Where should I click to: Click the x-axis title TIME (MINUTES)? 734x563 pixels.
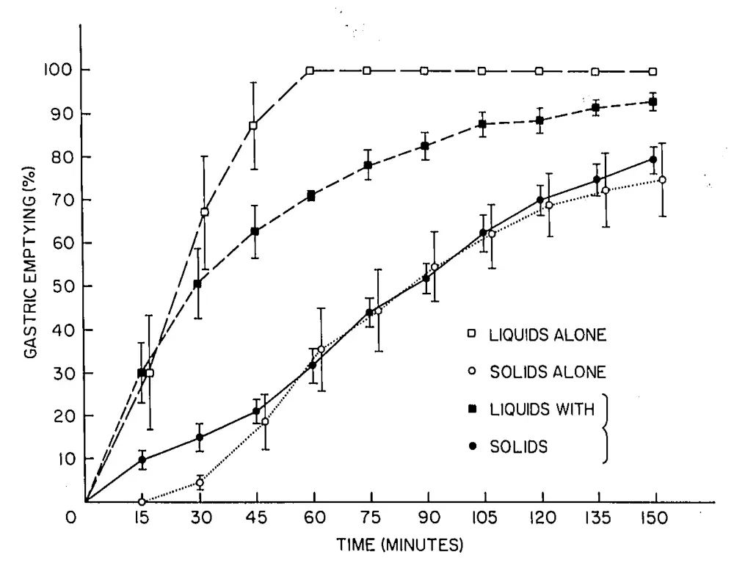tap(400, 545)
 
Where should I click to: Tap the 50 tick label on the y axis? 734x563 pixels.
tap(60, 287)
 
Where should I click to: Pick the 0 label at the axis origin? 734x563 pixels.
tap(71, 517)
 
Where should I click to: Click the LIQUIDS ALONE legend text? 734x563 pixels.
tap(548, 335)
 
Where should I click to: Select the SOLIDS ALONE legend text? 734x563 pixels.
tap(548, 372)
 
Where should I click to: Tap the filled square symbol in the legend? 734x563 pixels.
tap(472, 409)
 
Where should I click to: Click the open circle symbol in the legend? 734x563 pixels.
tap(472, 371)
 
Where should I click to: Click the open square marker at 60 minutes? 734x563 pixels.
tap(310, 70)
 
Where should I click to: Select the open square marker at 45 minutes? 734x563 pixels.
tap(253, 126)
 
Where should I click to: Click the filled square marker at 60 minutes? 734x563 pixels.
tap(311, 195)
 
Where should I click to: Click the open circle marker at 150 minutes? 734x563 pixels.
tap(662, 180)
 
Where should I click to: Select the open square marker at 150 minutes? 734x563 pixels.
tap(653, 71)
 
